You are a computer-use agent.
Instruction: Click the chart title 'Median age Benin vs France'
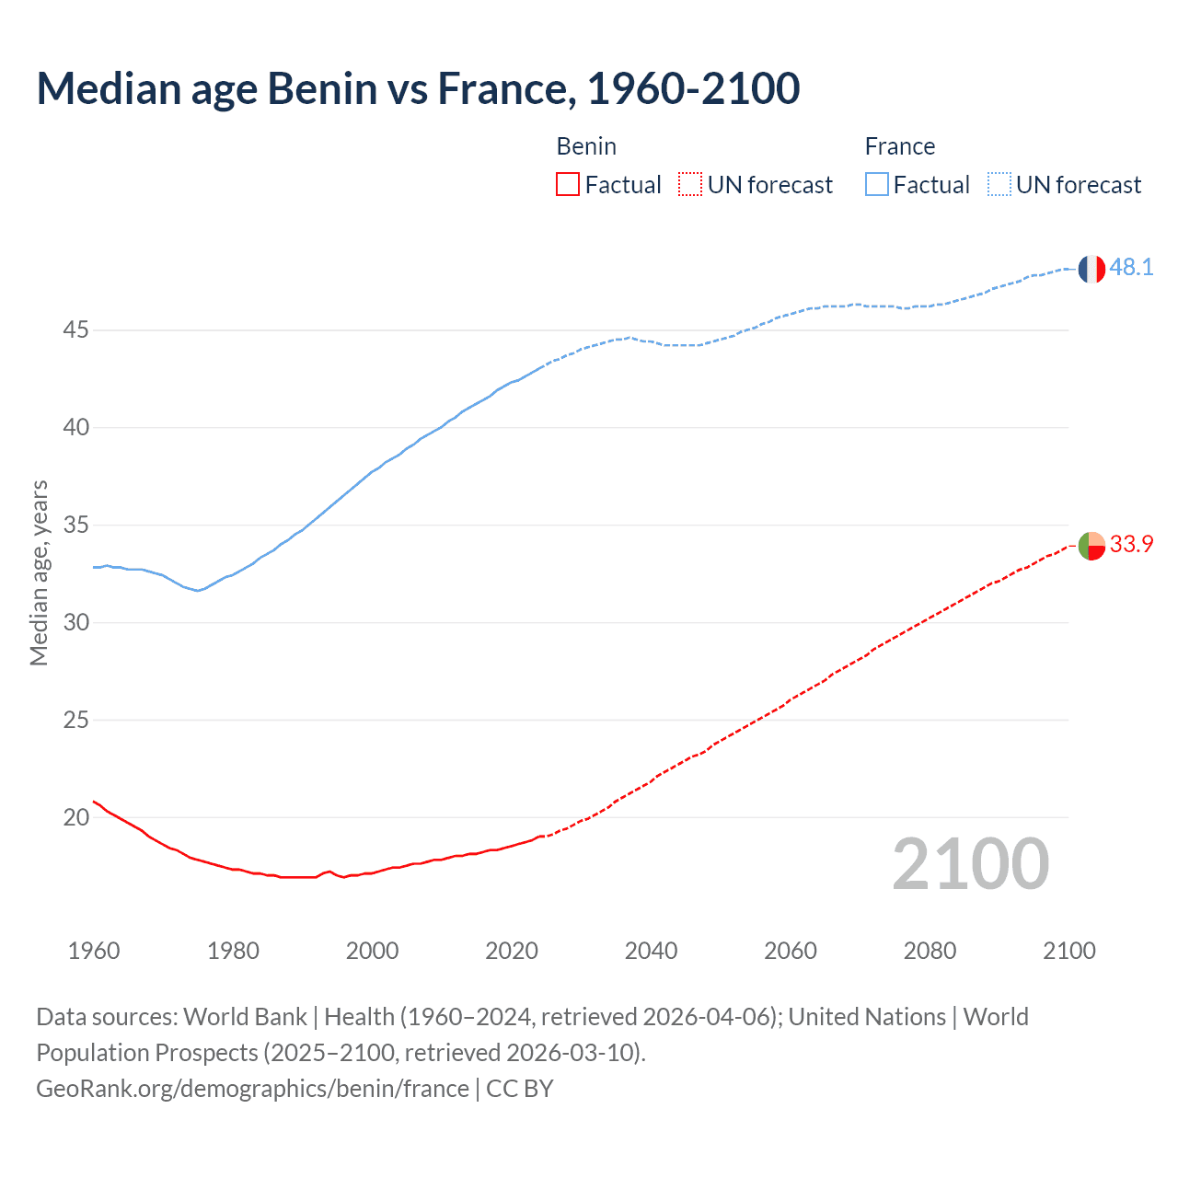pyautogui.click(x=418, y=88)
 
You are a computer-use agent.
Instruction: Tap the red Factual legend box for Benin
pyautogui.click(x=568, y=185)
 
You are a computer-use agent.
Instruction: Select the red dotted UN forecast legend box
pyautogui.click(x=690, y=185)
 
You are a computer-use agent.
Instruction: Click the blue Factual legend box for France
pyautogui.click(x=876, y=185)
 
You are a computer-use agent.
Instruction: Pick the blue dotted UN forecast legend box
pyautogui.click(x=999, y=185)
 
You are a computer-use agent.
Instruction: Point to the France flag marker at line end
pyautogui.click(x=1091, y=269)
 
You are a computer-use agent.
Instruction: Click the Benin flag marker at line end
pyautogui.click(x=1091, y=546)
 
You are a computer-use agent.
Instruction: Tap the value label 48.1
pyautogui.click(x=1131, y=268)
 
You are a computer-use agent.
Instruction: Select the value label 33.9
pyautogui.click(x=1131, y=545)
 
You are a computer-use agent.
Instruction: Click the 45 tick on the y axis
pyautogui.click(x=75, y=329)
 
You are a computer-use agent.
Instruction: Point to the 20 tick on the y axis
pyautogui.click(x=75, y=817)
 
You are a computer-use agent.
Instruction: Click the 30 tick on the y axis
pyautogui.click(x=75, y=622)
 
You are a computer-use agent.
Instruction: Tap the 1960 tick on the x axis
pyautogui.click(x=94, y=951)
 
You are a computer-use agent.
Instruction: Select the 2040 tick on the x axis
pyautogui.click(x=651, y=951)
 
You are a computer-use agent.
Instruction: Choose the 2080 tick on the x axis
pyautogui.click(x=930, y=951)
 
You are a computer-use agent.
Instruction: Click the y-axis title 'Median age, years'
pyautogui.click(x=39, y=572)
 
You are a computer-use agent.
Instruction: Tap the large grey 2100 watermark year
pyautogui.click(x=970, y=864)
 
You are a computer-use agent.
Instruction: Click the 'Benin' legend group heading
pyautogui.click(x=586, y=146)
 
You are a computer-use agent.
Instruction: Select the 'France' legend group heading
pyautogui.click(x=899, y=146)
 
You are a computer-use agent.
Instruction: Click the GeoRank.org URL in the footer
pyautogui.click(x=252, y=1089)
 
